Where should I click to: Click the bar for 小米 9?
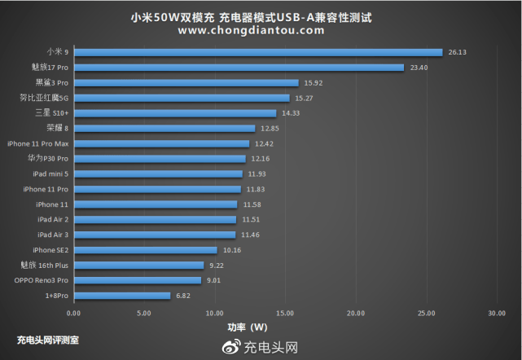pos(258,52)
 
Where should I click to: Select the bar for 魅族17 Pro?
pos(239,68)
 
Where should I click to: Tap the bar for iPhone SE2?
pos(146,250)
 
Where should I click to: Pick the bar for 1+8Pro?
pos(122,296)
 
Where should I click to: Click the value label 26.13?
pos(456,52)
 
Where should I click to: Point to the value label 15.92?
pos(312,82)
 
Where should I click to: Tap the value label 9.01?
pos(214,280)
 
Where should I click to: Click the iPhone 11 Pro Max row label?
pos(37,143)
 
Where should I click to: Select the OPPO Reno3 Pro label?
pos(42,280)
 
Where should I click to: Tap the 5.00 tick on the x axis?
pos(144,313)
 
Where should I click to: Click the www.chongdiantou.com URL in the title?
pos(250,31)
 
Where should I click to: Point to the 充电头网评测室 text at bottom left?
pos(48,340)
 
